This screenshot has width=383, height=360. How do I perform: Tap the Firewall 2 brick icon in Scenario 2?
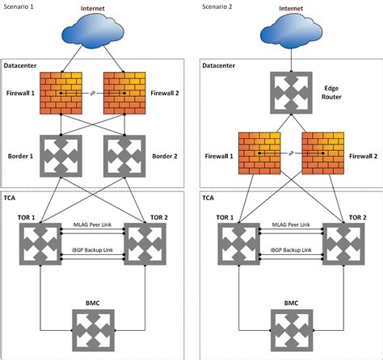pyautogui.click(x=322, y=153)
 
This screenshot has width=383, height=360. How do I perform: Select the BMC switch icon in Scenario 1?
pyautogui.click(x=94, y=329)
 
